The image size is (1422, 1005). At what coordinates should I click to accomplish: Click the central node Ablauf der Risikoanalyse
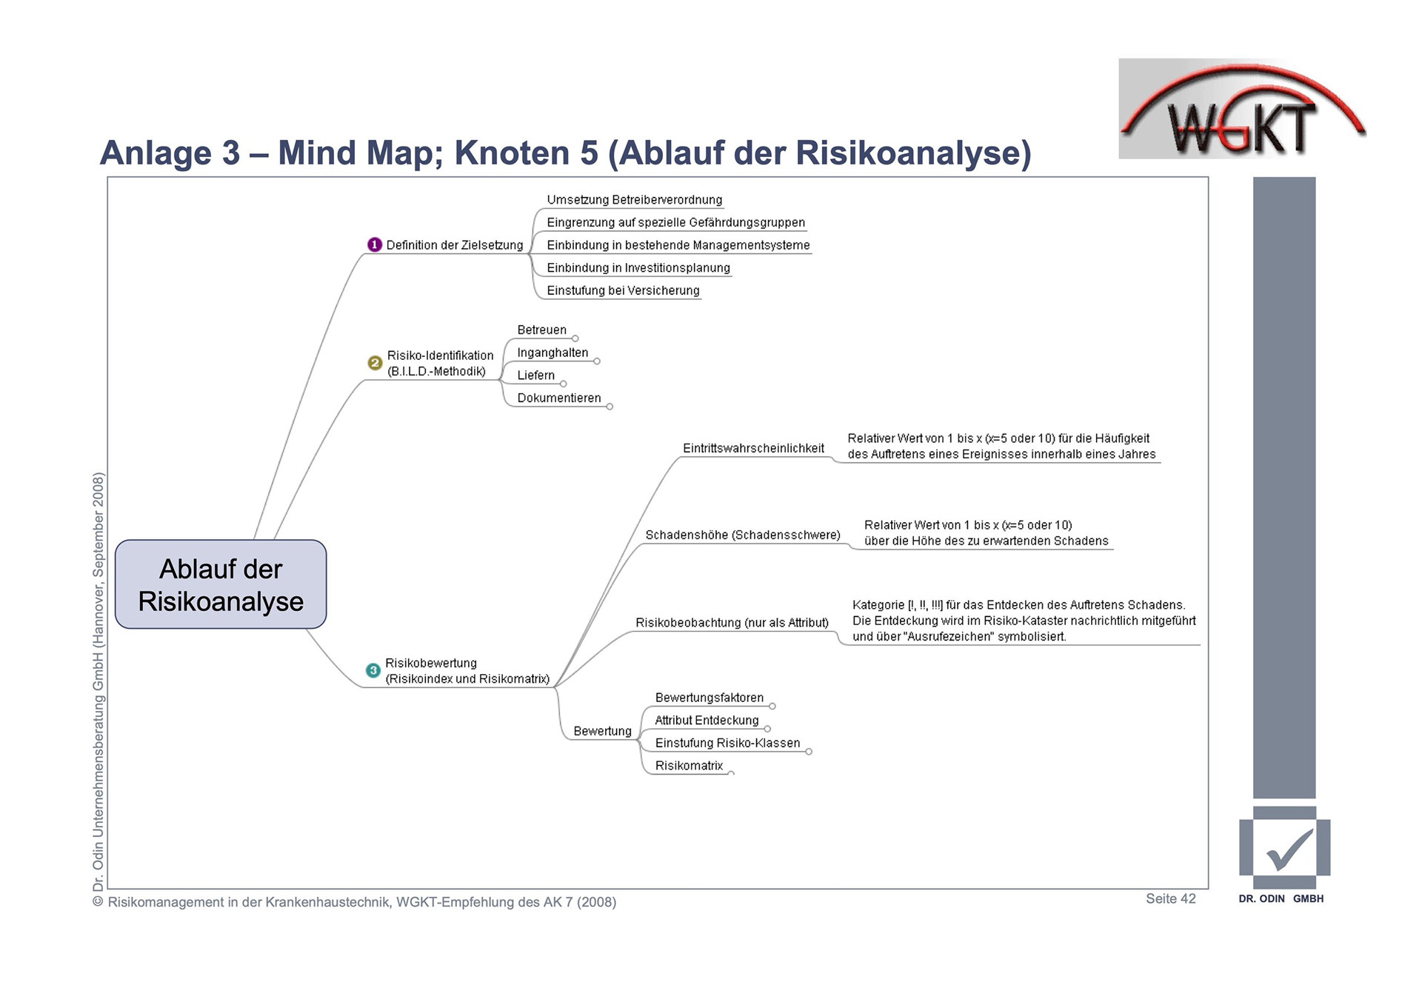(221, 584)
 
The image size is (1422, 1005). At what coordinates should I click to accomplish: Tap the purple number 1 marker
(375, 244)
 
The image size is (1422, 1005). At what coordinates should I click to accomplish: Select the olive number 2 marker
(375, 363)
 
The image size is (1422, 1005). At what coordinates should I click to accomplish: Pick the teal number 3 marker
(373, 670)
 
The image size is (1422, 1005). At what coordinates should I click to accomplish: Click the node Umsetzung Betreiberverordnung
(634, 200)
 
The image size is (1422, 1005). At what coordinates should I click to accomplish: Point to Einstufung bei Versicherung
(623, 290)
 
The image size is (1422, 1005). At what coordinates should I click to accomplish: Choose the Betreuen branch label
(541, 330)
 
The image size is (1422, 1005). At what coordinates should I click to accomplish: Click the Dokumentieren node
(559, 398)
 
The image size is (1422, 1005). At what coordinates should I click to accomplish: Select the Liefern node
(535, 375)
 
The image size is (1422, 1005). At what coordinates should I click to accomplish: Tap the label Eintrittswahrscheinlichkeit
(753, 448)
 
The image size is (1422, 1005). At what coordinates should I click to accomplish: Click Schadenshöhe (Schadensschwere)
(742, 535)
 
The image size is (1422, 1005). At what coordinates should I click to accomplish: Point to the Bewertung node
(602, 731)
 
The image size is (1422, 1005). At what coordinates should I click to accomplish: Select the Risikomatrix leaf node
(689, 766)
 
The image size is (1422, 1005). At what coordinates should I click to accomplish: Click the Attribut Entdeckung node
(707, 721)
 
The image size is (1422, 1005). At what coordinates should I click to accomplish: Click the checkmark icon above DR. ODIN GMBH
(1285, 849)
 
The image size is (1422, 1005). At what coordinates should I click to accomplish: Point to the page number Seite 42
(1170, 898)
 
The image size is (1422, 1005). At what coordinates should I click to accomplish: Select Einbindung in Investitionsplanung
(638, 268)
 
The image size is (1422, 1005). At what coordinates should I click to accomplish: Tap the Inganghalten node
(553, 353)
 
